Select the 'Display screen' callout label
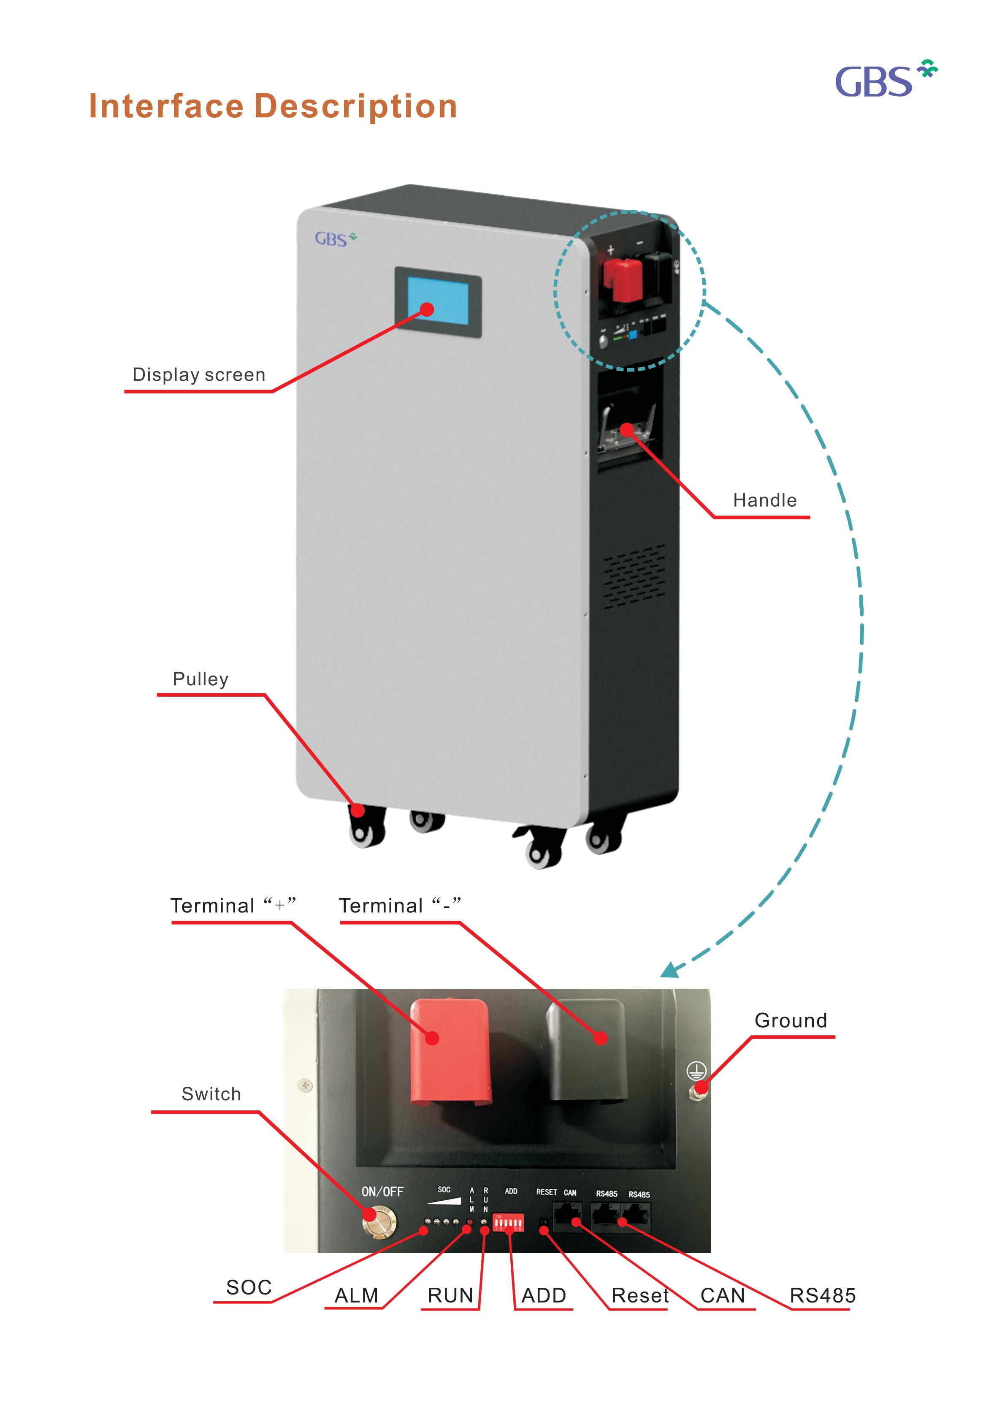[x=199, y=374]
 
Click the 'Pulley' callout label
[x=200, y=679]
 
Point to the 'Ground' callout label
[x=790, y=1020]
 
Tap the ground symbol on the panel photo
[x=696, y=1071]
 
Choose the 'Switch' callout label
[x=211, y=1094]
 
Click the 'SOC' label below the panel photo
[x=249, y=1287]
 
